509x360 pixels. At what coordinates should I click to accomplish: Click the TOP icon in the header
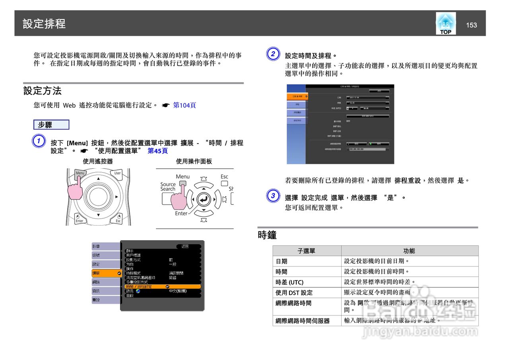pyautogui.click(x=446, y=23)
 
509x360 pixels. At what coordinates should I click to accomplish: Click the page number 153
pyautogui.click(x=471, y=25)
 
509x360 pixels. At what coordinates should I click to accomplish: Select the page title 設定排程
pyautogui.click(x=44, y=23)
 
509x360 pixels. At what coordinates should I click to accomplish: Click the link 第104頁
pyautogui.click(x=184, y=105)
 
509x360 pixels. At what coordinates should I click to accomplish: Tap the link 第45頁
pyautogui.click(x=157, y=151)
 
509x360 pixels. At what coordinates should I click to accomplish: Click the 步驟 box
pyautogui.click(x=51, y=125)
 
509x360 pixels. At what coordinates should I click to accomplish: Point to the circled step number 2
pyautogui.click(x=272, y=54)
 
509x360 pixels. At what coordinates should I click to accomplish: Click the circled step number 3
pyautogui.click(x=272, y=196)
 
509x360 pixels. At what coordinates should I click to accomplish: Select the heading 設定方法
pyautogui.click(x=43, y=91)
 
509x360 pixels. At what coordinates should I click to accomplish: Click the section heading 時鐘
pyautogui.click(x=267, y=235)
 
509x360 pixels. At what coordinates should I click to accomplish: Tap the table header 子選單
pyautogui.click(x=307, y=251)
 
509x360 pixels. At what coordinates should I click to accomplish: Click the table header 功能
pyautogui.click(x=409, y=251)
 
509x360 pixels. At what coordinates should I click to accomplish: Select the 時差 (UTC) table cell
pyautogui.click(x=307, y=282)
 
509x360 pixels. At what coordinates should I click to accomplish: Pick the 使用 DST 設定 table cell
pyautogui.click(x=307, y=293)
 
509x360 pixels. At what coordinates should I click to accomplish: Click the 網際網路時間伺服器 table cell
pyautogui.click(x=307, y=321)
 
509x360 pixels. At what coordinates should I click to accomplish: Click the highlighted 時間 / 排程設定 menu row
pyautogui.click(x=161, y=286)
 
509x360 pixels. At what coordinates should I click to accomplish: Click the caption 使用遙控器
pyautogui.click(x=98, y=162)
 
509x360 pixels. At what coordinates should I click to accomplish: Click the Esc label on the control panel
pyautogui.click(x=224, y=177)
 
